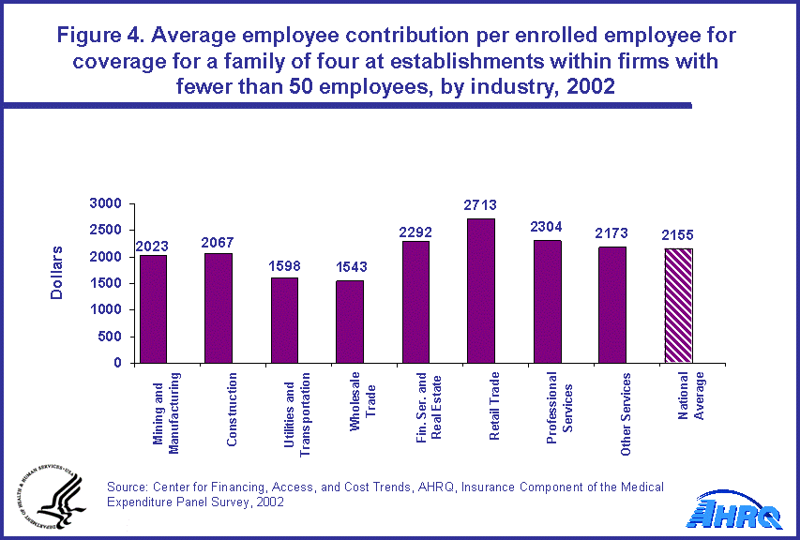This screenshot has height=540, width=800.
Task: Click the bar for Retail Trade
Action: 481,291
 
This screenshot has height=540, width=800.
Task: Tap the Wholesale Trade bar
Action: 350,322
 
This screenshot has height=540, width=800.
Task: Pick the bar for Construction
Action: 219,307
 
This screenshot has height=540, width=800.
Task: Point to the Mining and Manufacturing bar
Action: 153,309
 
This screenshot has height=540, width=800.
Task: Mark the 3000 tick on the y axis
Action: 106,203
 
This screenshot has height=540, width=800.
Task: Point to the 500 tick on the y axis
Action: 111,337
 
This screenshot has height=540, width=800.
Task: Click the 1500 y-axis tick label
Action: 106,283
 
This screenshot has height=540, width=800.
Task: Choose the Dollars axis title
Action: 56,273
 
